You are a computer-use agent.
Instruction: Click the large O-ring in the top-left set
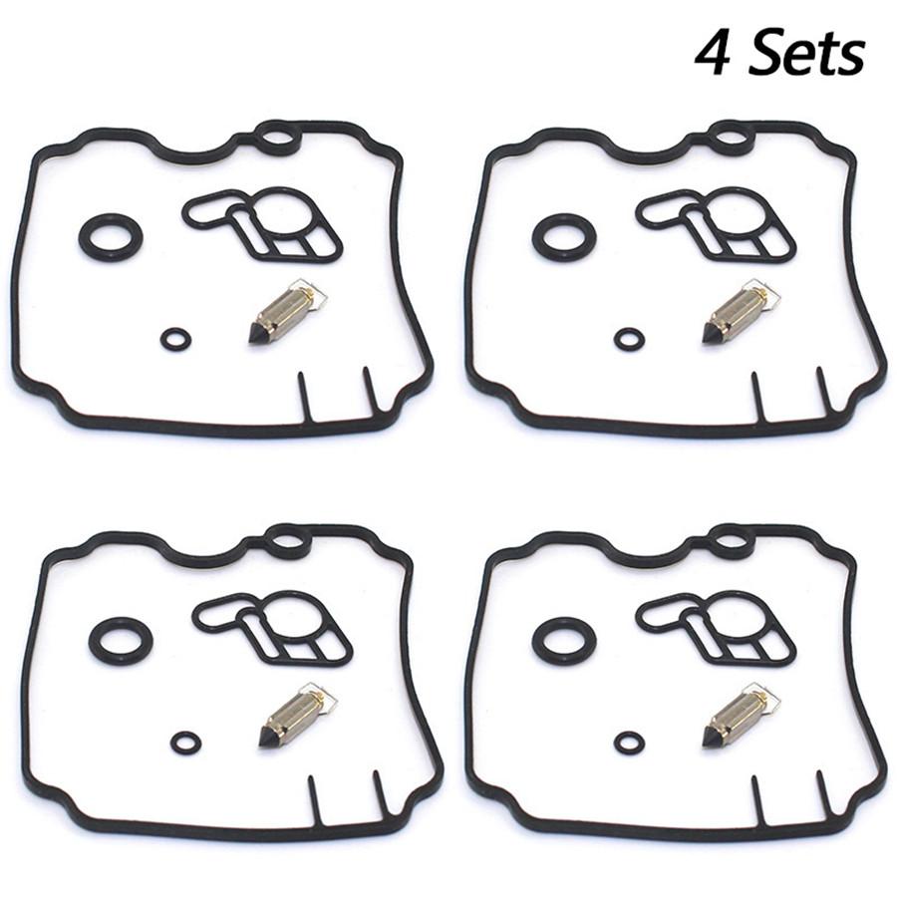111,237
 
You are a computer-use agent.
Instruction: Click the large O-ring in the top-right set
564,237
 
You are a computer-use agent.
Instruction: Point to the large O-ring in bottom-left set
121,640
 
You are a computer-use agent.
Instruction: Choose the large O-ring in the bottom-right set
564,640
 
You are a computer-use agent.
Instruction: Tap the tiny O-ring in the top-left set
175,340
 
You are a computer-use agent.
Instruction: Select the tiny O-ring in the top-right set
629,340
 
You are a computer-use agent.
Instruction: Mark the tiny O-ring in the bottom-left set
185,743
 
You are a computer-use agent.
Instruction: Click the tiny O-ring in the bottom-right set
629,743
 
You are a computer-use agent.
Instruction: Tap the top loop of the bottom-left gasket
287,541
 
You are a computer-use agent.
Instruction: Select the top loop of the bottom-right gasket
731,541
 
